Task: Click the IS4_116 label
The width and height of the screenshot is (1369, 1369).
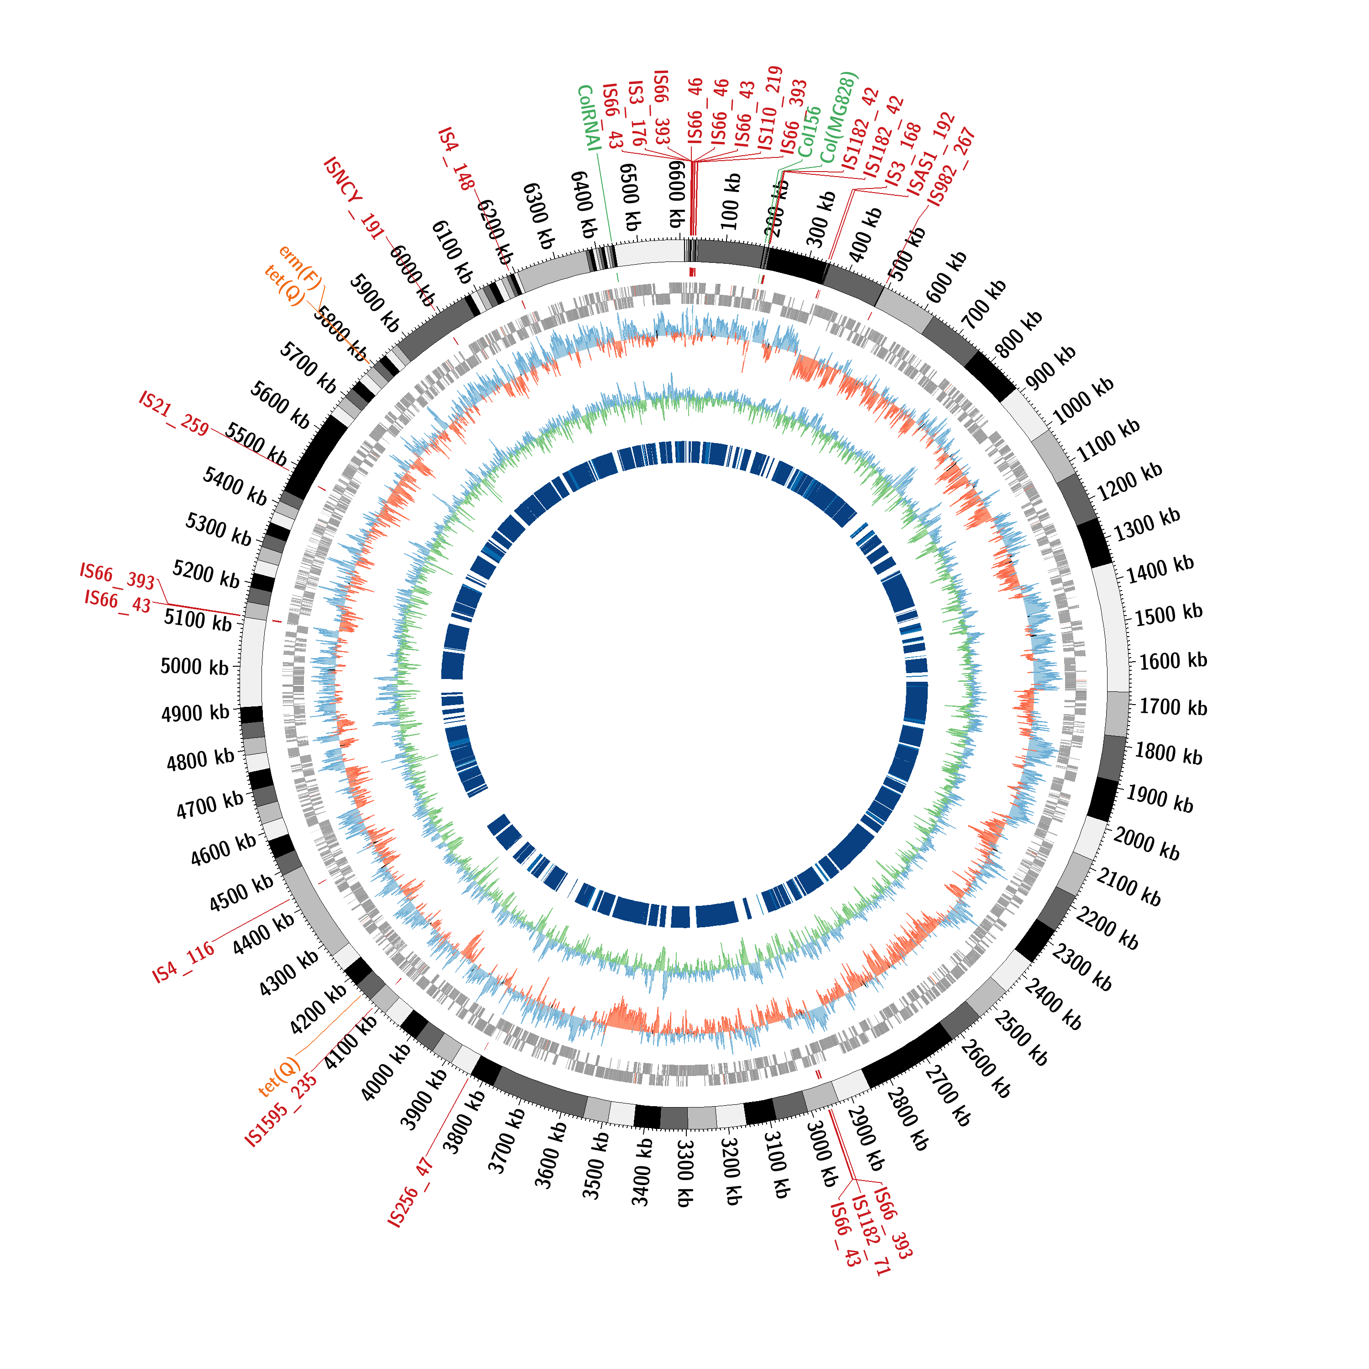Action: (x=183, y=962)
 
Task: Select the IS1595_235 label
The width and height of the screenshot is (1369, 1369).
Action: (x=281, y=1110)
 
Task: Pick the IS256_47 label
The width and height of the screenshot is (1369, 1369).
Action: (x=411, y=1192)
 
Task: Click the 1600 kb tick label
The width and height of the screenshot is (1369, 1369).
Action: (x=1173, y=661)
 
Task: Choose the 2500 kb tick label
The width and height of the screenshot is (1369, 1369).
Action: (x=1020, y=1040)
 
